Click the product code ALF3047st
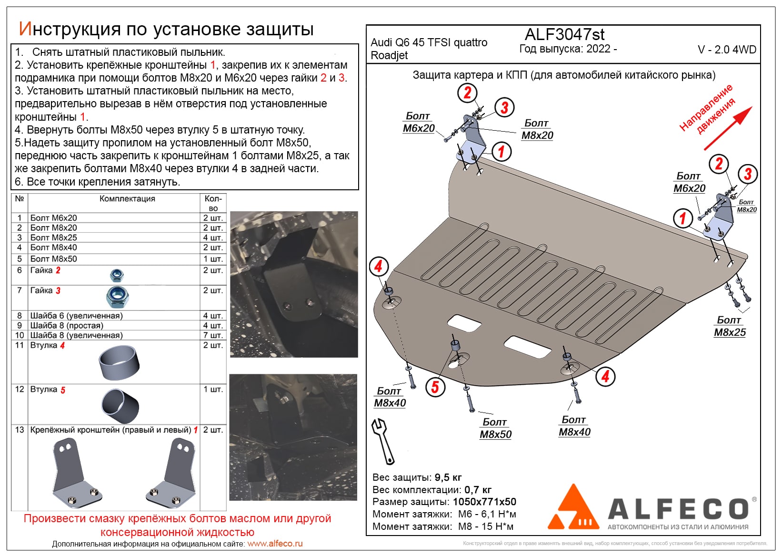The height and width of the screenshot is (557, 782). [564, 34]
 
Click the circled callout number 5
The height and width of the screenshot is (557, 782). [435, 386]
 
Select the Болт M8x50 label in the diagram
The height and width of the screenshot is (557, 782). [495, 428]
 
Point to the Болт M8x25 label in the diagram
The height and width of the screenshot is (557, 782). [730, 327]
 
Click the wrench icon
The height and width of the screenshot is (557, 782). [383, 441]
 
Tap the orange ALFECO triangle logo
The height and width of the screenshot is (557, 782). [573, 508]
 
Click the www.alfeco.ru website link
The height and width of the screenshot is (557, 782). [275, 544]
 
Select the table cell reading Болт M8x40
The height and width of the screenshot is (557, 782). [54, 248]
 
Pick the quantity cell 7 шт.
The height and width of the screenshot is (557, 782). [213, 335]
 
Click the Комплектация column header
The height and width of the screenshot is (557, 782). [127, 199]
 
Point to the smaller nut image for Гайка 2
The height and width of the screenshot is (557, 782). [117, 275]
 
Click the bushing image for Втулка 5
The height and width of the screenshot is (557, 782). [120, 406]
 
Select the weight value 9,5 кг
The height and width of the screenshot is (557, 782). [448, 477]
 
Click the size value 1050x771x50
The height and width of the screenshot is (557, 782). [484, 502]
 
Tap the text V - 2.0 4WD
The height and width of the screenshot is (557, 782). [727, 50]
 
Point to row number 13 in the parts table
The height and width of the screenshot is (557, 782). [20, 430]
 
